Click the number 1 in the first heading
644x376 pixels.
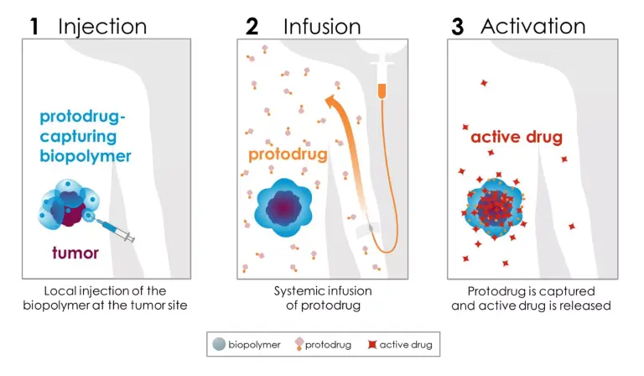tap(34, 27)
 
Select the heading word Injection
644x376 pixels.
tap(102, 27)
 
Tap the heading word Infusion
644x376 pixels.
tap(322, 27)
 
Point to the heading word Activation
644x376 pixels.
tap(533, 26)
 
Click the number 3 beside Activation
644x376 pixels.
tap(457, 27)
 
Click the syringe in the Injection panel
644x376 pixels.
tap(114, 229)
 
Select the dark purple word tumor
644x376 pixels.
tap(75, 253)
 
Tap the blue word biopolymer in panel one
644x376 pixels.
tap(86, 156)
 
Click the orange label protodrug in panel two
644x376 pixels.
tap(288, 154)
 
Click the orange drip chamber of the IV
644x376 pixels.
tap(382, 91)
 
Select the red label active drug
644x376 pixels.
tap(517, 137)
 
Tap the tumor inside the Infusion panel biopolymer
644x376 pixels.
tap(283, 207)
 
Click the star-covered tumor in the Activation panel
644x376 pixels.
tap(494, 206)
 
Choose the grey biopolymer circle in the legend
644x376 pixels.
tap(220, 344)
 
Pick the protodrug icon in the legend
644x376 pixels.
tap(299, 344)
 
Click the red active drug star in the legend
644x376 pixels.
tap(372, 344)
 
